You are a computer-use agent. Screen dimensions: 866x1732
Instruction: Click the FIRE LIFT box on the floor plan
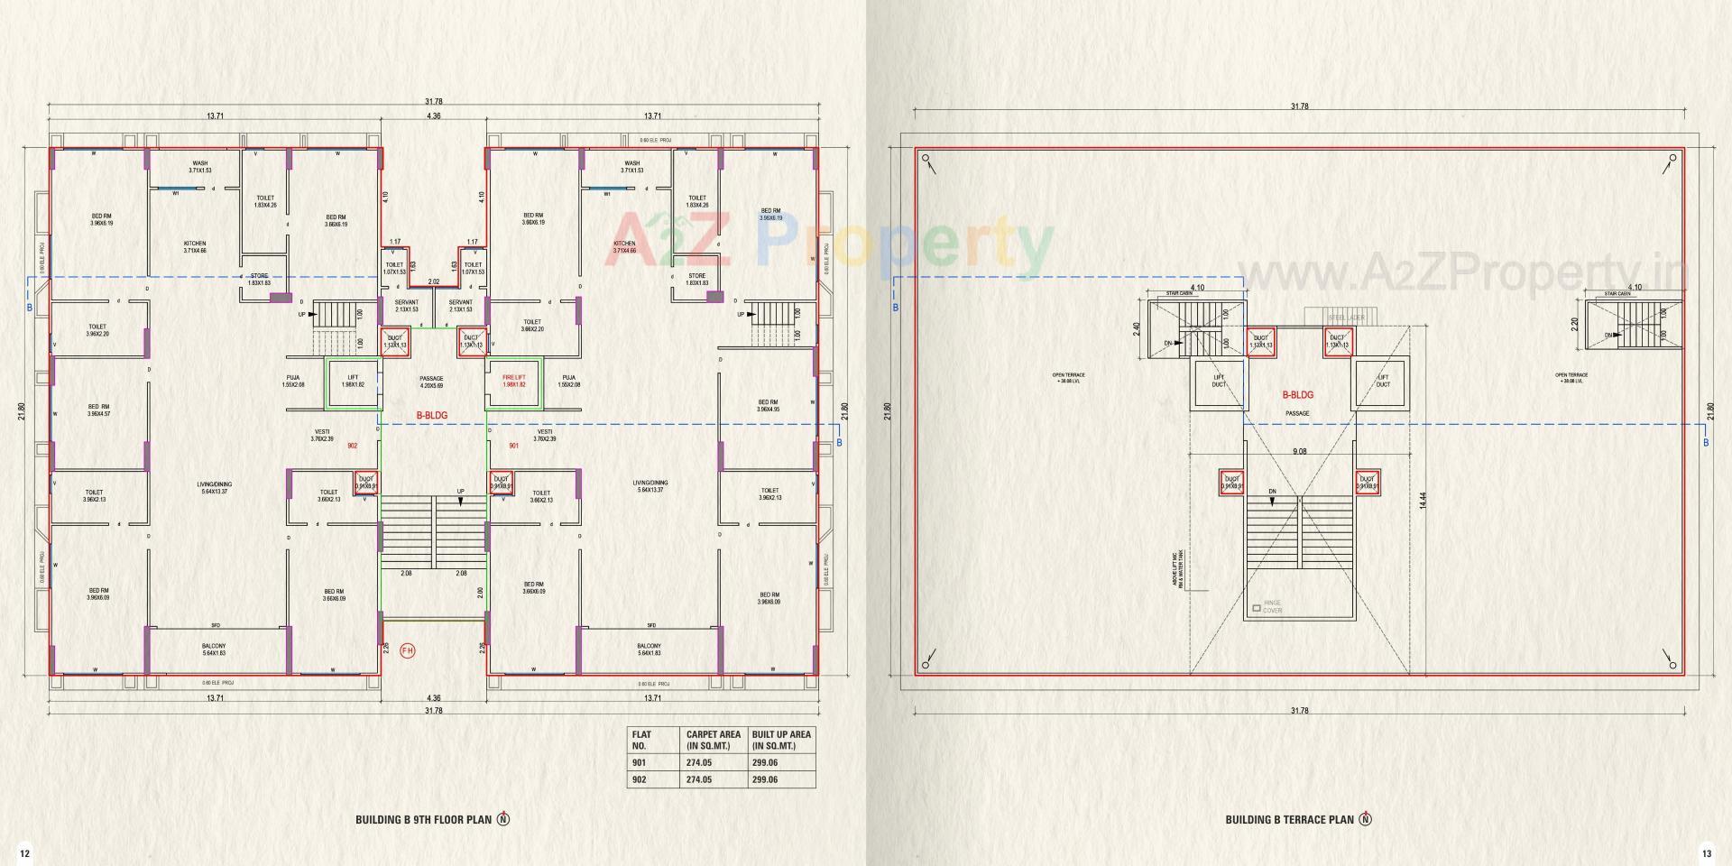pos(513,382)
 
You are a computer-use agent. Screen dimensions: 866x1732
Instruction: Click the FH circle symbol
pos(408,650)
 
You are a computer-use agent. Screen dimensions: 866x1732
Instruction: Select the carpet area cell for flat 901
pos(699,763)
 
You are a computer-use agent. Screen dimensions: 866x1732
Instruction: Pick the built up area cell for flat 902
pos(765,779)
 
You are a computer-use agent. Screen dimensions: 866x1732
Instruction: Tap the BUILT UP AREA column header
pos(781,740)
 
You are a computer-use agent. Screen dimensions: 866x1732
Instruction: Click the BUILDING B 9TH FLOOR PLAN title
pos(423,820)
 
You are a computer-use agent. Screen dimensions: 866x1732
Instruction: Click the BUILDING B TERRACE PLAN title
pos(1289,820)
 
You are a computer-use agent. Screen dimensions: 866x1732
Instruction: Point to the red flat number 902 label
pos(352,447)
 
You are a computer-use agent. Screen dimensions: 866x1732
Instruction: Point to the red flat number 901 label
pos(514,447)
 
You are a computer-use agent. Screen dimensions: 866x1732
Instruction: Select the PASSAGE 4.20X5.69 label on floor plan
pos(431,382)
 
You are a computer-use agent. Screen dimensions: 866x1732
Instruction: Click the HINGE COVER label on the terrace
pos(1272,607)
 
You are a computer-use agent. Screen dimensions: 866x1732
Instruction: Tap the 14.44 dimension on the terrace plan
pos(1423,501)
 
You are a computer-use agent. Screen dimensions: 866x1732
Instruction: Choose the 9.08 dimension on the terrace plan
pos(1299,451)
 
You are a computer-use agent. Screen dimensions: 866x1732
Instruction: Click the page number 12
pos(24,853)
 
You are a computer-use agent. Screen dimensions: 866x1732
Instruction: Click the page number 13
pos(1706,853)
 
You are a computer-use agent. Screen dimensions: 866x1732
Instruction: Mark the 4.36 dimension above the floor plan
pos(434,116)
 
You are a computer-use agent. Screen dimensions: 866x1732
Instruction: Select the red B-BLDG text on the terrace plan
pos(1298,395)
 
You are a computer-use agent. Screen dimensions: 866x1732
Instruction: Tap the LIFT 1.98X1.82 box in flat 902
pos(353,382)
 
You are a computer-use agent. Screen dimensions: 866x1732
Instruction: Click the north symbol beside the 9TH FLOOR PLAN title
pos(504,819)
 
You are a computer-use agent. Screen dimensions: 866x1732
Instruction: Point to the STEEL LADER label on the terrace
pos(1346,318)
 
